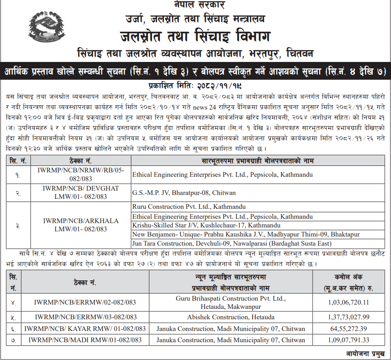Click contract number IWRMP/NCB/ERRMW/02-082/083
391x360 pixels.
pos(85,302)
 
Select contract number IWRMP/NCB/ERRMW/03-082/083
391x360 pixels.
pos(85,317)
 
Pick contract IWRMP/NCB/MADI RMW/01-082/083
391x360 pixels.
pos(85,340)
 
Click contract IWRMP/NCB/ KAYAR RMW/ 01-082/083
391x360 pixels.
pos(85,329)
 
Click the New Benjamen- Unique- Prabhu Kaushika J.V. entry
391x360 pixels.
pos(246,234)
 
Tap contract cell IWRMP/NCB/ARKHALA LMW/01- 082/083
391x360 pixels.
pos(81,225)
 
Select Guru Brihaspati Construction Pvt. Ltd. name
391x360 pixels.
pos(230,299)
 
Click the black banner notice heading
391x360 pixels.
pos(195,71)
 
